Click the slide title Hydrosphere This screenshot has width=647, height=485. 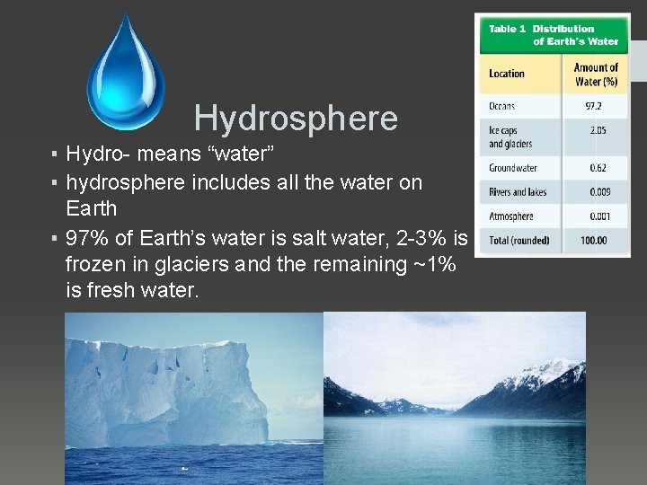[295, 118]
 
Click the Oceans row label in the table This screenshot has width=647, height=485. [501, 106]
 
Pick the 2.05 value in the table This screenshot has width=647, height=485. [598, 130]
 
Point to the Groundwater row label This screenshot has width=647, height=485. [512, 168]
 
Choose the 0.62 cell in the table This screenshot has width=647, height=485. [598, 168]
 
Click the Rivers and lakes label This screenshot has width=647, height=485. [518, 192]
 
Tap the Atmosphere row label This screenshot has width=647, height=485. [510, 216]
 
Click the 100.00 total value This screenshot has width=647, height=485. [594, 241]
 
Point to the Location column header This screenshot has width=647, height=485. [507, 74]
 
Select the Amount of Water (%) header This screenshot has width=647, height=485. [596, 74]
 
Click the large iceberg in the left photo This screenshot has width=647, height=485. [166, 391]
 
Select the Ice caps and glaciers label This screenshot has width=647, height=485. [510, 137]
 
